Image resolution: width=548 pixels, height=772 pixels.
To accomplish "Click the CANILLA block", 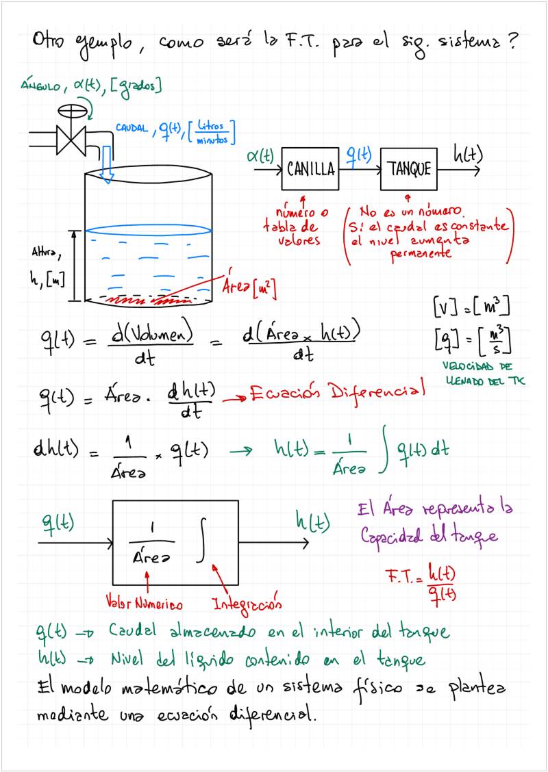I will pos(310,168).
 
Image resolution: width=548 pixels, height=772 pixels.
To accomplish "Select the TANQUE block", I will pos(409,168).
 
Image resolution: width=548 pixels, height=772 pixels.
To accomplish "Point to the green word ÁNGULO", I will pos(42,86).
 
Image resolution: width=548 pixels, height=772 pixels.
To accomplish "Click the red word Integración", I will pos(247,604).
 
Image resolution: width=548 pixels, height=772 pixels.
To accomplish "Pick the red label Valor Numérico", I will pos(144,604).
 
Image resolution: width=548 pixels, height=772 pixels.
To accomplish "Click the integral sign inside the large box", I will pos(201,544).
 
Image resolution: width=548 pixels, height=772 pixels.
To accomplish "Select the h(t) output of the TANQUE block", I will pos(467,156).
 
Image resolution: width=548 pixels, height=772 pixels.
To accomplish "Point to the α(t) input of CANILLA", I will pos(260,157).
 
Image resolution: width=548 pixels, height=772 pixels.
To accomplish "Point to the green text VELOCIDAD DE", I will pos(476,367).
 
